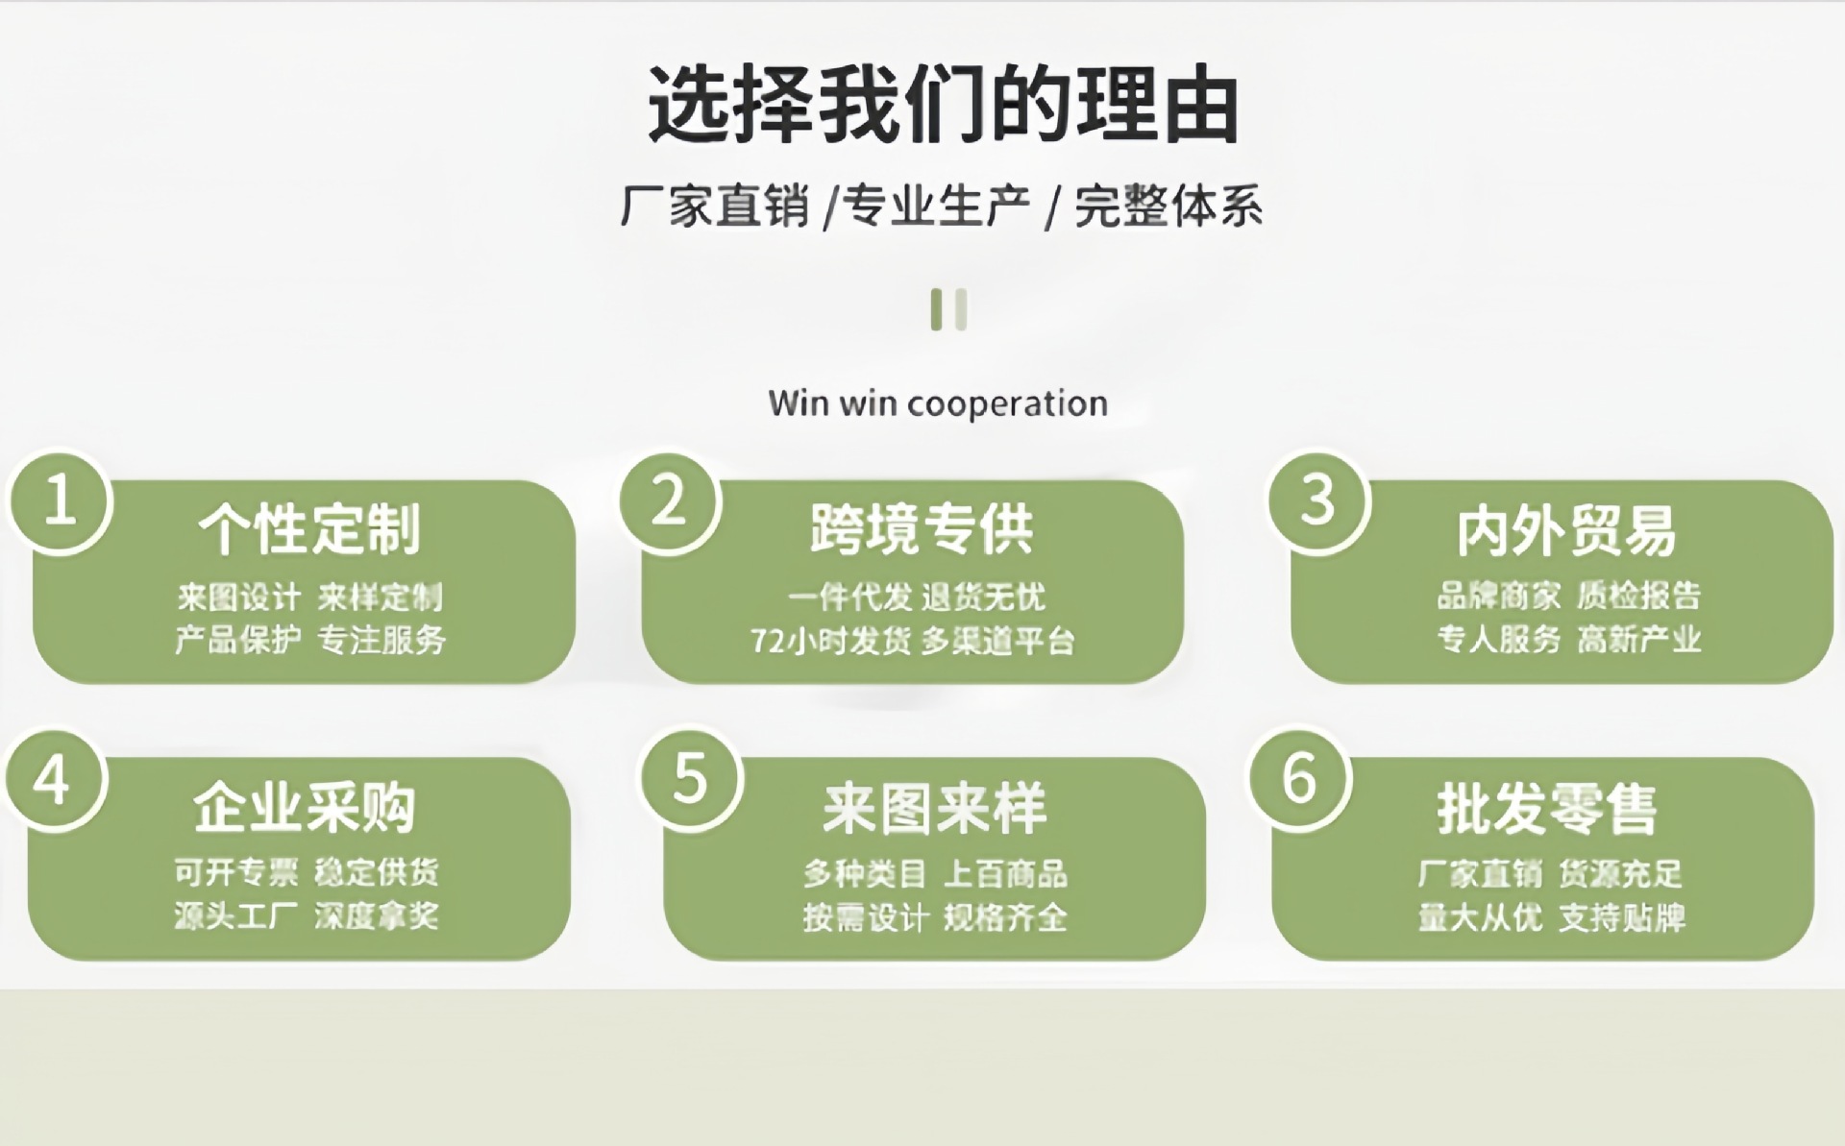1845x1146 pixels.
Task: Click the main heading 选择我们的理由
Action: pyautogui.click(x=943, y=104)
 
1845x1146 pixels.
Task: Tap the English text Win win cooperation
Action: pyautogui.click(x=938, y=403)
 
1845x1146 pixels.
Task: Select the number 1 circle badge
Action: pyautogui.click(x=60, y=502)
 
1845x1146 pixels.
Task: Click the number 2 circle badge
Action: pyautogui.click(x=670, y=502)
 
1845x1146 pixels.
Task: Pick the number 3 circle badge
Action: pyautogui.click(x=1318, y=500)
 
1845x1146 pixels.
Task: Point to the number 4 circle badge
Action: pyautogui.click(x=54, y=779)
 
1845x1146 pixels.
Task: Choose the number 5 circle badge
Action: pyautogui.click(x=691, y=778)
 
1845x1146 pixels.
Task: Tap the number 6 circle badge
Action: pyautogui.click(x=1299, y=778)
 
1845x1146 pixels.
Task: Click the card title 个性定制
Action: pyautogui.click(x=309, y=529)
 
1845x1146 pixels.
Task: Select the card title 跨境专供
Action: pyautogui.click(x=921, y=529)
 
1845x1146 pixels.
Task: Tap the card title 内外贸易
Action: pyautogui.click(x=1565, y=531)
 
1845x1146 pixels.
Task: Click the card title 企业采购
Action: pyautogui.click(x=304, y=808)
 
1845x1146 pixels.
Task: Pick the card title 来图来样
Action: pyautogui.click(x=934, y=809)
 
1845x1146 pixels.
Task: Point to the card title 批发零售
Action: pyautogui.click(x=1547, y=809)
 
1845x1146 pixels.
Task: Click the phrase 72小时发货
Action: pyautogui.click(x=830, y=641)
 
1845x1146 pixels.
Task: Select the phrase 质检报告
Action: pyautogui.click(x=1638, y=596)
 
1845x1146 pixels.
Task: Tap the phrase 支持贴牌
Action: pyautogui.click(x=1622, y=917)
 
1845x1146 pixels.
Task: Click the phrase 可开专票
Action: pyautogui.click(x=236, y=872)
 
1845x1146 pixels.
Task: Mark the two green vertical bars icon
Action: pyautogui.click(x=948, y=309)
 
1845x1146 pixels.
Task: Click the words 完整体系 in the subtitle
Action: pyautogui.click(x=1168, y=207)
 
